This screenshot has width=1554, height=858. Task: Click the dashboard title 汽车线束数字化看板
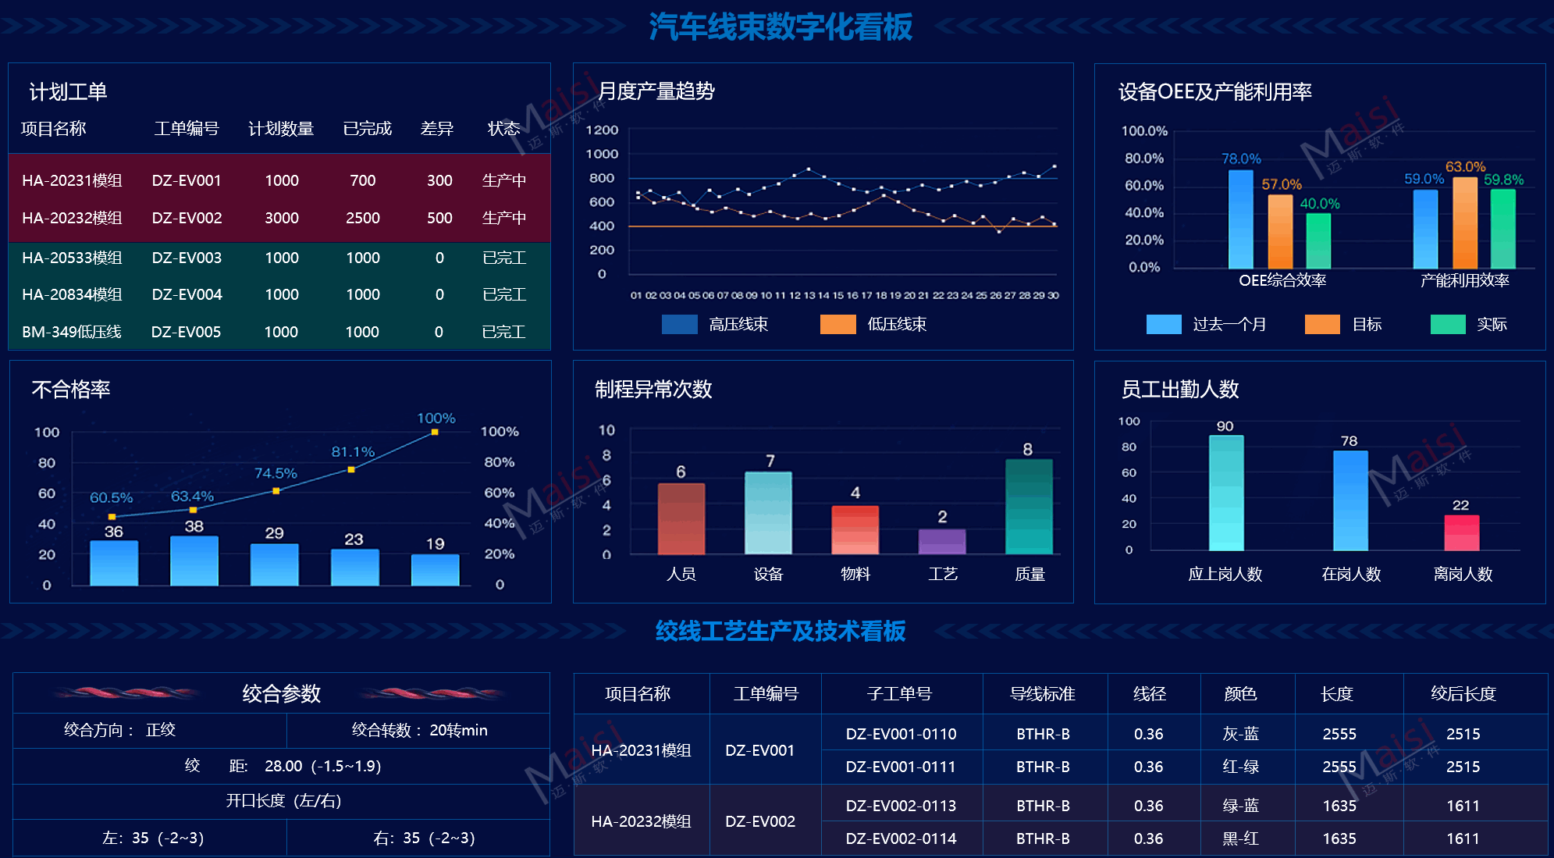[x=780, y=27]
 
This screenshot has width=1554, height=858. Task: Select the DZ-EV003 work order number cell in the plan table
[x=187, y=258]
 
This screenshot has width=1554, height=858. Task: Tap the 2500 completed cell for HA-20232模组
[x=363, y=218]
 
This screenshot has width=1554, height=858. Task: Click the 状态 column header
[x=503, y=129]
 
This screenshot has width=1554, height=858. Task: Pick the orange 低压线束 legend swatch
[x=837, y=324]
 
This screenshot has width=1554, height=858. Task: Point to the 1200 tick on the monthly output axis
[x=602, y=130]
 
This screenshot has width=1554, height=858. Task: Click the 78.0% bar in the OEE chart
[x=1240, y=219]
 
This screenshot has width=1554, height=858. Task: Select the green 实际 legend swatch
[x=1447, y=324]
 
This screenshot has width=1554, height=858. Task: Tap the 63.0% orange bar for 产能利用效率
[x=1465, y=223]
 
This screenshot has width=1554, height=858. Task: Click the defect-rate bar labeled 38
[x=194, y=561]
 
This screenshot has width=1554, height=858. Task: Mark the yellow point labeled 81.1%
[x=351, y=469]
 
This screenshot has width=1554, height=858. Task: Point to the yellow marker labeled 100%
[x=435, y=432]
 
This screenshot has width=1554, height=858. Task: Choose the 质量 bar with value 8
[x=1029, y=506]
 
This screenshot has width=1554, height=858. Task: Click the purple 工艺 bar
[x=942, y=541]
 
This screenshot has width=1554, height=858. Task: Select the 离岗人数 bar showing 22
[x=1461, y=532]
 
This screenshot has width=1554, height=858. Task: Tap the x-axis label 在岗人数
[x=1351, y=575]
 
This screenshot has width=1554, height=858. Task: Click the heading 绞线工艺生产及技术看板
[x=780, y=631]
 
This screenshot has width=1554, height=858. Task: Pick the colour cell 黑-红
[x=1240, y=838]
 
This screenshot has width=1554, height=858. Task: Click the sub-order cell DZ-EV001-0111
[x=901, y=767]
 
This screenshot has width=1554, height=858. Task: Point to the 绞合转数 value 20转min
[x=458, y=730]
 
